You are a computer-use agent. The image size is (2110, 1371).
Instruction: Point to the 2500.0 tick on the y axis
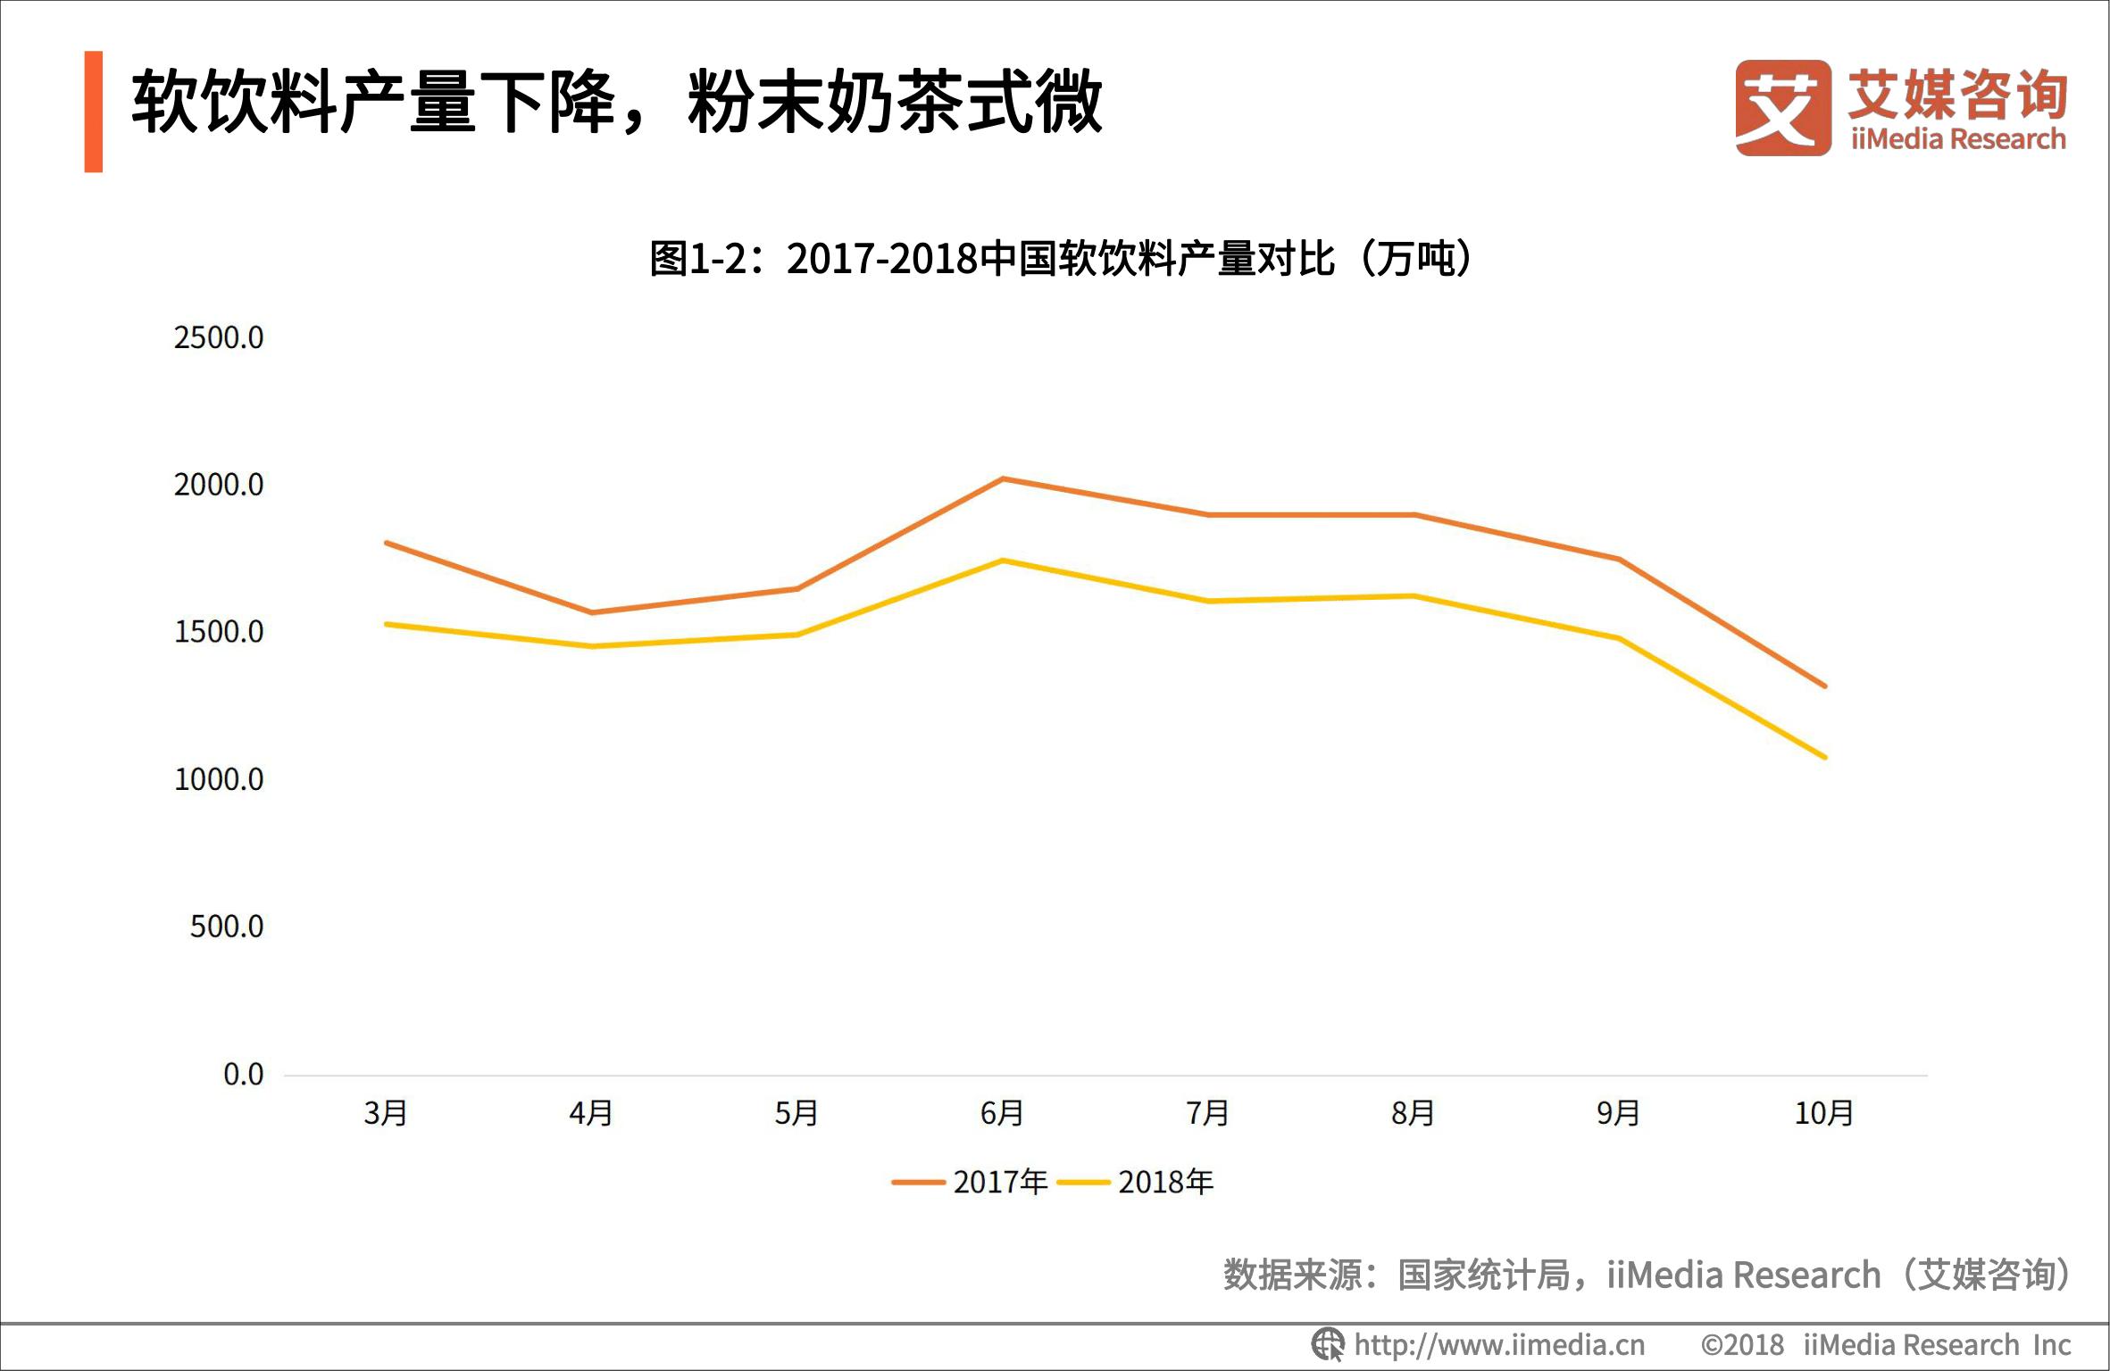[x=219, y=338]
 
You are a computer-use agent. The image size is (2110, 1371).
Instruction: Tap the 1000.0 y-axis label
[x=219, y=780]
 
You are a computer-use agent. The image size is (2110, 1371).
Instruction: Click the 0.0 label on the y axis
[x=243, y=1075]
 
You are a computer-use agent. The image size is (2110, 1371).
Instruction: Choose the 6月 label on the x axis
[x=1002, y=1113]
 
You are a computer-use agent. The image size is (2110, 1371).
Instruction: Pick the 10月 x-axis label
[x=1824, y=1113]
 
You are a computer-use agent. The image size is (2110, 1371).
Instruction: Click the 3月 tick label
[x=386, y=1113]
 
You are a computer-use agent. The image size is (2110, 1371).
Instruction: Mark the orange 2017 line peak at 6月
[x=1003, y=479]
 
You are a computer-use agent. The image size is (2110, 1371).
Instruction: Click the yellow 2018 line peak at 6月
[x=1003, y=561]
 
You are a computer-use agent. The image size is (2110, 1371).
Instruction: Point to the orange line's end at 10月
[x=1824, y=686]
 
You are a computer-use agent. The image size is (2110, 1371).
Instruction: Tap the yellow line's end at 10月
[x=1824, y=757]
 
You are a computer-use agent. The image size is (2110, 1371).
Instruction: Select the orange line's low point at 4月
[x=591, y=612]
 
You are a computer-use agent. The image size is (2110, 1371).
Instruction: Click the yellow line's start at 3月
[x=386, y=624]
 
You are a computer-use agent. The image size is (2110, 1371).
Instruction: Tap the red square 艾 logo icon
[x=1782, y=108]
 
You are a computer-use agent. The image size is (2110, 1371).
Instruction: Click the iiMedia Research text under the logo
[x=1958, y=139]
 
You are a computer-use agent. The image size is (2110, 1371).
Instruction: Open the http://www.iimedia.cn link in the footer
[x=1499, y=1345]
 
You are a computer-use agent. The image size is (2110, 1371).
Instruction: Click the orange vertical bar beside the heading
[x=94, y=112]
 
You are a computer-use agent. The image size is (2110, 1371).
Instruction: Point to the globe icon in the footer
[x=1327, y=1344]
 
